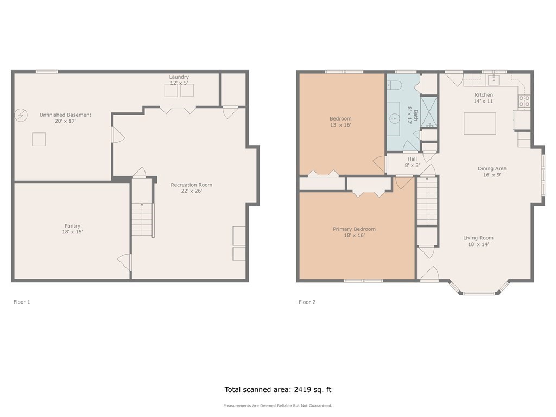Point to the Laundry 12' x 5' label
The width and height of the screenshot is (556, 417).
(x=179, y=80)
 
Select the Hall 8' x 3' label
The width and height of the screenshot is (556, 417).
(x=413, y=162)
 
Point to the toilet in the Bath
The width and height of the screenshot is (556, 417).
(x=394, y=85)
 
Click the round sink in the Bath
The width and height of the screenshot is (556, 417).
(x=394, y=118)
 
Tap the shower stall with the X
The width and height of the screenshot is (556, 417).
(x=429, y=111)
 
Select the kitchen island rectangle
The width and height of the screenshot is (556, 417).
(x=480, y=123)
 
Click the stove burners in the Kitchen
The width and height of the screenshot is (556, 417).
(x=525, y=101)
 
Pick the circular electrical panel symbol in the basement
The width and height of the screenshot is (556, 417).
(x=21, y=115)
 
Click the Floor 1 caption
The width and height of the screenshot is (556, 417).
(x=22, y=302)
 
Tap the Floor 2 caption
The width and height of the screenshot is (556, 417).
(x=307, y=302)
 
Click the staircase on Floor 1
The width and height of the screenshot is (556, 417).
(x=143, y=219)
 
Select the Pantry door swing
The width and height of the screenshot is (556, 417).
(x=124, y=262)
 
